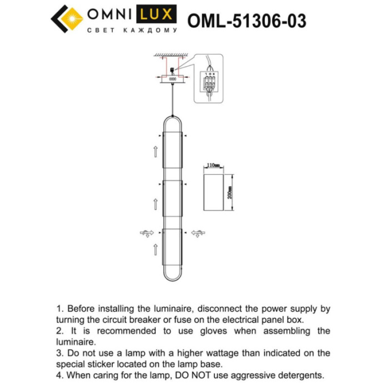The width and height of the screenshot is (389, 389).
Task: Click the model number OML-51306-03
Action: click(x=247, y=21)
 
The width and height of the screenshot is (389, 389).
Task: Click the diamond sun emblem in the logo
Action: click(x=67, y=20)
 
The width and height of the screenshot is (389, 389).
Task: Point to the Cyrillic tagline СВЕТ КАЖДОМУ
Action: click(x=132, y=31)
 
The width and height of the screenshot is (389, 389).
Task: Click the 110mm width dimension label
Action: click(x=213, y=165)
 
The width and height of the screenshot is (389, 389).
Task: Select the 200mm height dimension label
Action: click(x=230, y=192)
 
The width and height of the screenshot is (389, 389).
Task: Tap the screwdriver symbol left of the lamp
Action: click(x=147, y=233)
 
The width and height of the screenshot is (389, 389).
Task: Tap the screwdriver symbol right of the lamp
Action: click(x=197, y=233)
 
